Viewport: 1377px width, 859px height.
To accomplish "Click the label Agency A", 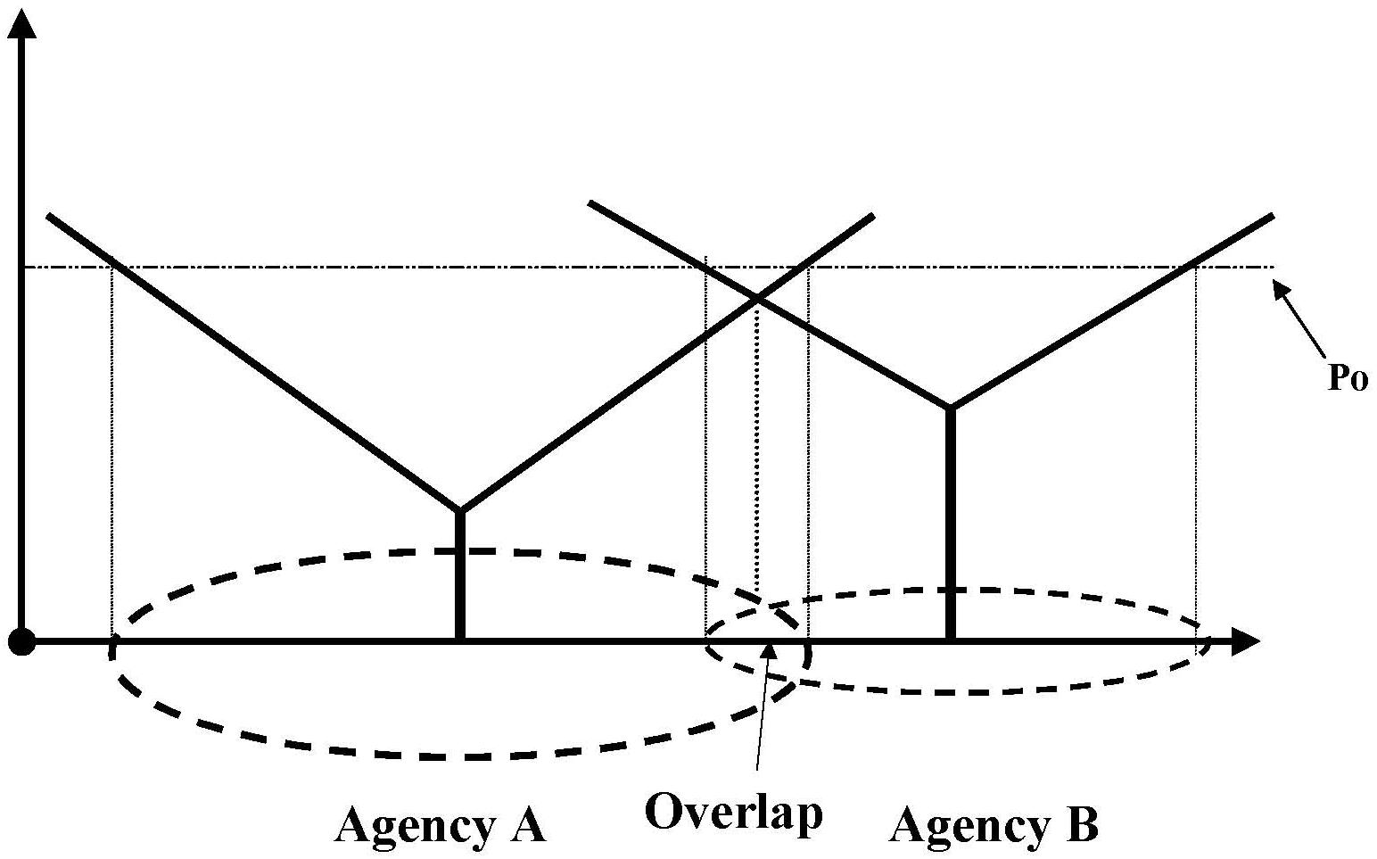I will (x=440, y=825).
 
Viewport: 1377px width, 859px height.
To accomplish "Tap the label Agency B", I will (x=994, y=825).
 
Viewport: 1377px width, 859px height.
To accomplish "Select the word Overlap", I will (x=733, y=813).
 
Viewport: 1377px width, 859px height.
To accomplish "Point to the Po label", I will (x=1347, y=377).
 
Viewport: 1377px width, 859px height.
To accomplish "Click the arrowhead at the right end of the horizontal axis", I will (x=1245, y=641).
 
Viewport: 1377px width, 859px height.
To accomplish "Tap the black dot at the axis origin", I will (x=21, y=641).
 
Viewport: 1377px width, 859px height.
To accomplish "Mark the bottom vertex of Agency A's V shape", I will (x=459, y=511).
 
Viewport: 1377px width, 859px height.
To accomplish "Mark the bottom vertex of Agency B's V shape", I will (x=950, y=408).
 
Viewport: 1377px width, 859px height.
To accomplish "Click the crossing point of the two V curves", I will (x=756, y=298).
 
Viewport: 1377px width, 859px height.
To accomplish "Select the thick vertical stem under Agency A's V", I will (x=459, y=576).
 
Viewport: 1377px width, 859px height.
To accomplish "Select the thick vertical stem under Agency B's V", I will (x=950, y=524).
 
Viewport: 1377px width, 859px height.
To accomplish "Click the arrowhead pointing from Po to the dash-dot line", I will (x=1282, y=290).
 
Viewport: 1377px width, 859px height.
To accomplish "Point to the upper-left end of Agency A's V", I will (x=49, y=216).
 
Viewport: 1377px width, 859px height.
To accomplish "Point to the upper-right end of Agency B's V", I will (x=1270, y=216).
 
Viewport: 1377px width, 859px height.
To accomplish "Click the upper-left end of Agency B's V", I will (x=590, y=203).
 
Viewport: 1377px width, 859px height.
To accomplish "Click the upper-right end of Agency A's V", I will (x=871, y=216).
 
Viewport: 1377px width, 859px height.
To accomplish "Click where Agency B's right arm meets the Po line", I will (x=1193, y=266).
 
